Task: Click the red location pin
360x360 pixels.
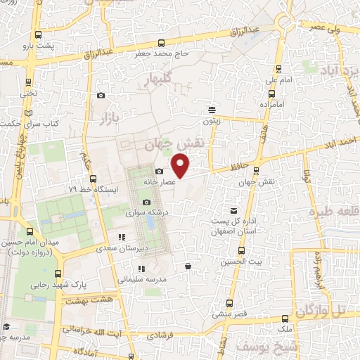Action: [x=181, y=166]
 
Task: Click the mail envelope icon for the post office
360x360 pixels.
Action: [x=234, y=210]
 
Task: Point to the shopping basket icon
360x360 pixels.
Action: [x=188, y=266]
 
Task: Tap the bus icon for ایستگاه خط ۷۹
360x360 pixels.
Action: [x=89, y=179]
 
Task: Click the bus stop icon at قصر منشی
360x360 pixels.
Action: [x=229, y=303]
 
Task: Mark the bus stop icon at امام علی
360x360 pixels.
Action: [x=278, y=70]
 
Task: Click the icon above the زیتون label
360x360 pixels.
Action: [x=212, y=109]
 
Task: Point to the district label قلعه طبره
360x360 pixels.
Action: [x=333, y=211]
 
